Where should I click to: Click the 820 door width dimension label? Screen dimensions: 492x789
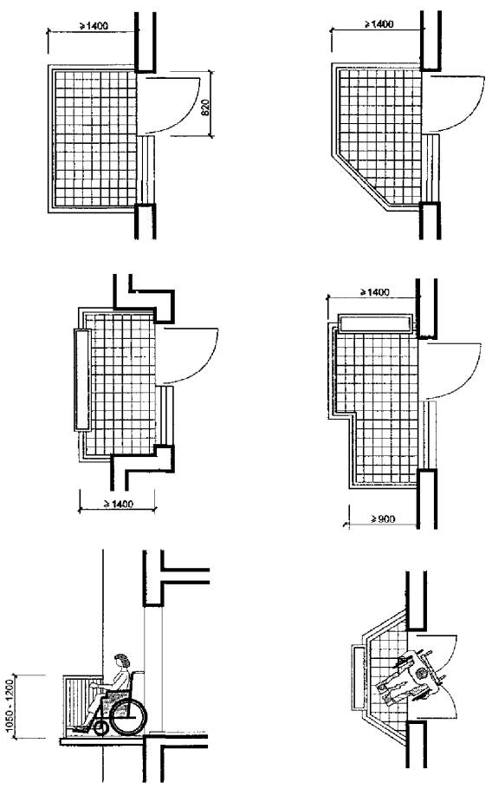(205, 108)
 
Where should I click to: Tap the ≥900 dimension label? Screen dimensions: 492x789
(383, 518)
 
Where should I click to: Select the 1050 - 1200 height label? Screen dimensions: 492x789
(9, 707)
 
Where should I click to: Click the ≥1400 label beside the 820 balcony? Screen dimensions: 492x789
(94, 25)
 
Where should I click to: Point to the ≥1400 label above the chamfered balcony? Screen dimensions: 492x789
(379, 24)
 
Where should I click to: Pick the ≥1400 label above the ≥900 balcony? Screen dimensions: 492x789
(375, 292)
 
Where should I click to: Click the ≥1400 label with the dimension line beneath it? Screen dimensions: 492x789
(119, 504)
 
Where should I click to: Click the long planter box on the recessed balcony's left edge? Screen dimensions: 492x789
(82, 380)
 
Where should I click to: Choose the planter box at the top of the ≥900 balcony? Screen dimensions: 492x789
(375, 324)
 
